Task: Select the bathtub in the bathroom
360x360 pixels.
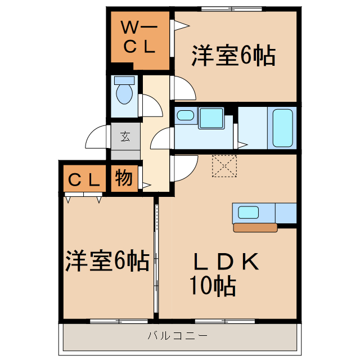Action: (x=282, y=127)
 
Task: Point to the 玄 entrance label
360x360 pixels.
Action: (x=124, y=136)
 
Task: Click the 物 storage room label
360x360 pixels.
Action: (x=124, y=178)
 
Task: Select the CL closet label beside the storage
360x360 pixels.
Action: (x=84, y=180)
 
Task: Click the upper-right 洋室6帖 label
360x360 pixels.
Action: (x=233, y=56)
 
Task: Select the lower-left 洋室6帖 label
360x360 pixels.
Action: (x=106, y=261)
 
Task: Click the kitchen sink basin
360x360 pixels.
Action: (x=248, y=213)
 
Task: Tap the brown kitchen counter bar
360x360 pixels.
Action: (x=255, y=228)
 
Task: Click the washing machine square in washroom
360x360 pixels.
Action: (x=211, y=117)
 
